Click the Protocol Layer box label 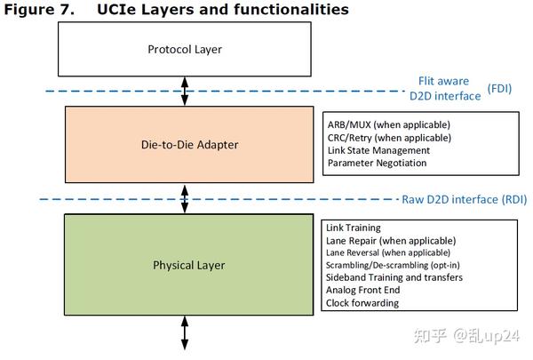pyautogui.click(x=184, y=49)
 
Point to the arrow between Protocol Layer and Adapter pyautogui.click(x=185, y=91)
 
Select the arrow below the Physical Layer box pyautogui.click(x=185, y=332)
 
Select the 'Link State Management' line pyautogui.click(x=377, y=150)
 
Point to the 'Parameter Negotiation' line pyautogui.click(x=377, y=163)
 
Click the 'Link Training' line pyautogui.click(x=354, y=228)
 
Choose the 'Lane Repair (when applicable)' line pyautogui.click(x=391, y=241)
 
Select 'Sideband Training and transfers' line pyautogui.click(x=394, y=278)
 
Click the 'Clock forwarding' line pyautogui.click(x=362, y=303)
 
